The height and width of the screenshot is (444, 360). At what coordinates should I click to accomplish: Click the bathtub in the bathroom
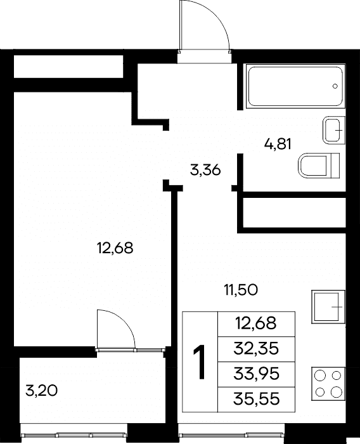click(296, 86)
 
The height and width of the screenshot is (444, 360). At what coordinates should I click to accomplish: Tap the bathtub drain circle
click(335, 86)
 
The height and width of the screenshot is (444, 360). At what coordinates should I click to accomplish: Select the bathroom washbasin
click(334, 130)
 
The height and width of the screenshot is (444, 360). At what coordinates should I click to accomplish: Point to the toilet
click(319, 166)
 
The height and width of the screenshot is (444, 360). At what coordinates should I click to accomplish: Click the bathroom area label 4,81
click(278, 145)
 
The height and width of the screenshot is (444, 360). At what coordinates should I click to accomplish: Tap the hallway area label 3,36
click(205, 171)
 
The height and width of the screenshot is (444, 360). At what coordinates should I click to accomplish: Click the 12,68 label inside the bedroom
click(115, 248)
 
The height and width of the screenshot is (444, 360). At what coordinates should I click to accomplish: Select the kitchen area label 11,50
click(241, 290)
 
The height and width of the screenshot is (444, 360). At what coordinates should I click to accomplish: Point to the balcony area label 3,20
click(42, 391)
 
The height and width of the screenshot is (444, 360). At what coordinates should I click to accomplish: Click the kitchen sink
click(328, 306)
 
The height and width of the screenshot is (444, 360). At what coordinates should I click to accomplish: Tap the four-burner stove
click(328, 384)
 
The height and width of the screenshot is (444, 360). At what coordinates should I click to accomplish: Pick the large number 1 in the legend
click(200, 362)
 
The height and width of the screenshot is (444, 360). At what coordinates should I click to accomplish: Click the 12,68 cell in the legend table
click(256, 324)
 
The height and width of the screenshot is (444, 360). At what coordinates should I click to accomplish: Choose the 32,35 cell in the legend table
click(256, 349)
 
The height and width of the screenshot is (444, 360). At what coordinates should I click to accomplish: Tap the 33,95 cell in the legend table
click(256, 374)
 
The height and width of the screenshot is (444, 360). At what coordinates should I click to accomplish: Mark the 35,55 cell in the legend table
click(256, 399)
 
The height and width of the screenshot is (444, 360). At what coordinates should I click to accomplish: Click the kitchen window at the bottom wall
click(231, 434)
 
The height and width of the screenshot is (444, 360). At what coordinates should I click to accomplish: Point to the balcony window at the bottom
click(74, 434)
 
